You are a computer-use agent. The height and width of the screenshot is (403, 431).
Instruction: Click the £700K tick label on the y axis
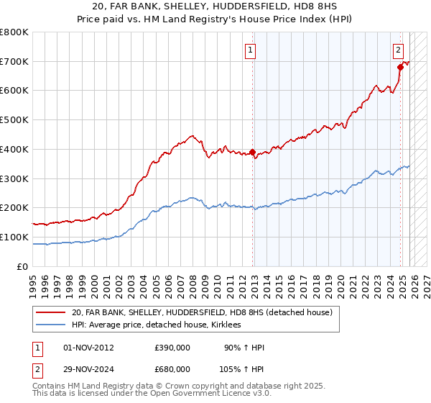point(14,62)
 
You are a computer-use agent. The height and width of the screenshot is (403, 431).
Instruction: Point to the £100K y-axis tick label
point(14,237)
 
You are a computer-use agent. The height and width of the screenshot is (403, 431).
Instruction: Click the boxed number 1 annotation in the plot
point(251,50)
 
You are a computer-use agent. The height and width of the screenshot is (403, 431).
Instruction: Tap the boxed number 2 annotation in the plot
point(398,50)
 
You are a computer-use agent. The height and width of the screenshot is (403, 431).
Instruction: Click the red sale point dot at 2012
point(253,152)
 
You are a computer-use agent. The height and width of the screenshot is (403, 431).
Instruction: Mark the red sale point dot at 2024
point(400,68)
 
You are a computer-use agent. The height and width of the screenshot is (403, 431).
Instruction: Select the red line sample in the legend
point(51,313)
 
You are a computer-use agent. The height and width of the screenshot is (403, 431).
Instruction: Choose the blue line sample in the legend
point(51,325)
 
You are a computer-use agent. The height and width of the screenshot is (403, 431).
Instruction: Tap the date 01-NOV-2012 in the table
point(88,348)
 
